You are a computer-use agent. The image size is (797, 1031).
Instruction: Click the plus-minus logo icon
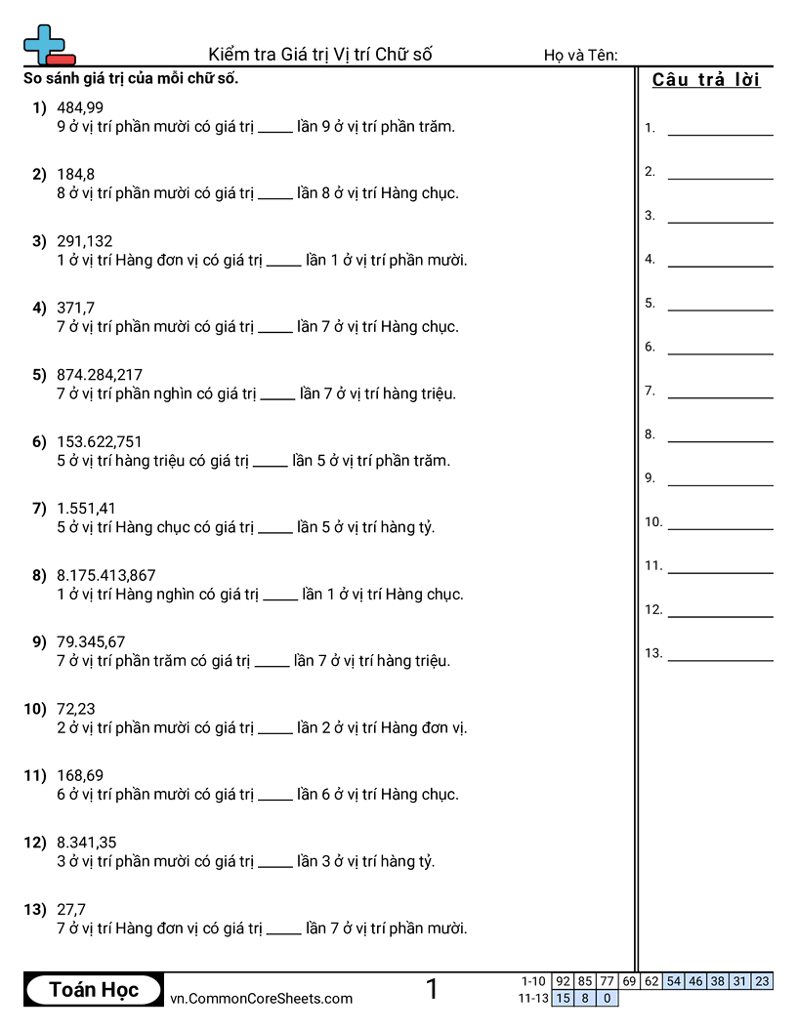click(x=48, y=45)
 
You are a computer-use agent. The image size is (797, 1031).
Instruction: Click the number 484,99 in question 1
click(x=80, y=107)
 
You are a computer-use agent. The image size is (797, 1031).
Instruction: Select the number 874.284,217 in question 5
click(x=100, y=375)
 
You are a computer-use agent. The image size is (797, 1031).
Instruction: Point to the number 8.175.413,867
click(x=105, y=576)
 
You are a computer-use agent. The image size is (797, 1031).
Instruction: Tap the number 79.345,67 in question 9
click(x=91, y=642)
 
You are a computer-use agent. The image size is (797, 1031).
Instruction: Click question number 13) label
click(x=35, y=910)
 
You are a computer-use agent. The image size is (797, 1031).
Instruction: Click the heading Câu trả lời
click(x=706, y=80)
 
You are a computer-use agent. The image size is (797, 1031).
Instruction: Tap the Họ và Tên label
click(x=580, y=55)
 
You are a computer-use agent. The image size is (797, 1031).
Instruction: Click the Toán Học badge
click(x=94, y=990)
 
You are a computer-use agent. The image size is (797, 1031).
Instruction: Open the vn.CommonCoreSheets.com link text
click(x=261, y=998)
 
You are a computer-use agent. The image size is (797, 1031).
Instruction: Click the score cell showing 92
click(x=563, y=981)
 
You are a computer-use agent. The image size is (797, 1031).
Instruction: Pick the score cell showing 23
click(x=762, y=981)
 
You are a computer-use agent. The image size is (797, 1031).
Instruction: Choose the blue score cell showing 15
click(x=563, y=998)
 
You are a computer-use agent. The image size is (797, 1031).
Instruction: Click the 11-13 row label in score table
click(x=533, y=998)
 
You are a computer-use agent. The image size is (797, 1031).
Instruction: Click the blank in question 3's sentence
click(x=283, y=261)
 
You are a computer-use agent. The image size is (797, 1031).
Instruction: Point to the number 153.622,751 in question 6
click(x=100, y=442)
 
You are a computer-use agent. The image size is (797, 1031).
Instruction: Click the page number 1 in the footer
click(x=432, y=990)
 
